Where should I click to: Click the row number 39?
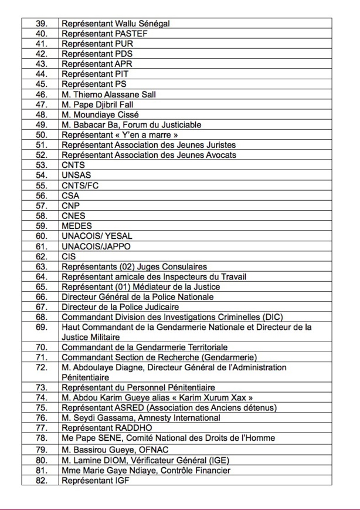(41, 23)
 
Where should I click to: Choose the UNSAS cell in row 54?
(76, 175)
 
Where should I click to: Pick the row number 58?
(41, 215)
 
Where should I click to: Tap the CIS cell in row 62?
(69, 256)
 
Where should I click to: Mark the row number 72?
(41, 367)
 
